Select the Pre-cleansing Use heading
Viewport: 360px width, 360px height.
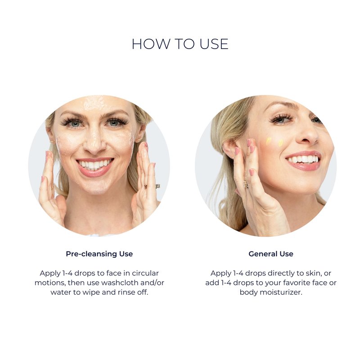[99, 254]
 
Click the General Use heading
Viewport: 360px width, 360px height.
[271, 254]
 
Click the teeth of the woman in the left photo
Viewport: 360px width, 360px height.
[95, 164]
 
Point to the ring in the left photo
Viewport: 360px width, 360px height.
[157, 186]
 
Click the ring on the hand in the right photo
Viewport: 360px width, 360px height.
[246, 184]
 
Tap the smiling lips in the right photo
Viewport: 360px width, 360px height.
[302, 160]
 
